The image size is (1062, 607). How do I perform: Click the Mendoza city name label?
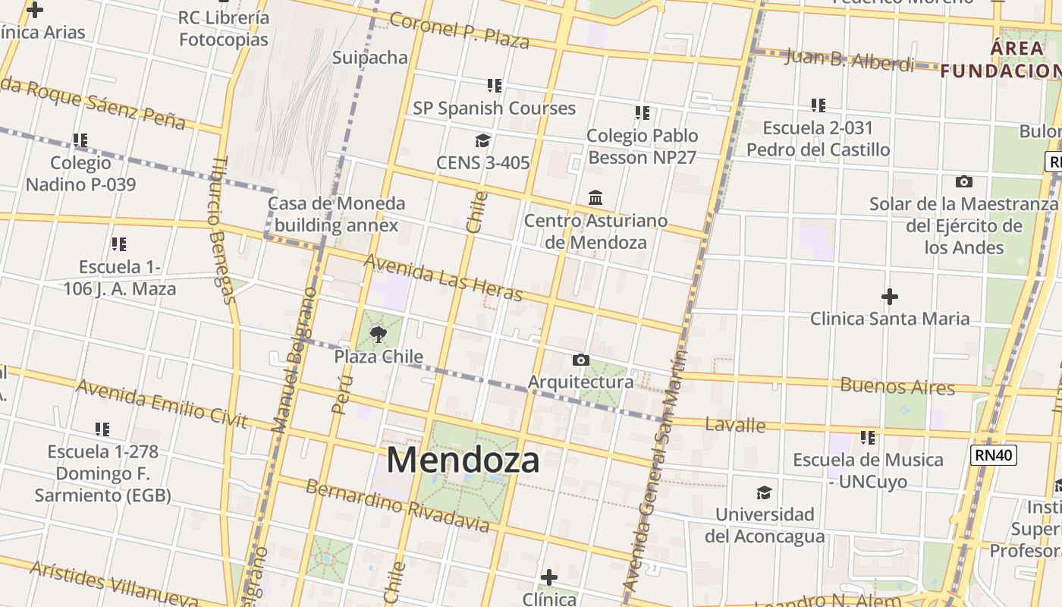point(463,460)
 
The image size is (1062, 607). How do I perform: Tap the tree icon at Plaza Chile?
point(378,334)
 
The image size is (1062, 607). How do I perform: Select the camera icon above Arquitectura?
point(580,360)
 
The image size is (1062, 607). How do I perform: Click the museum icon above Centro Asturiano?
point(595,198)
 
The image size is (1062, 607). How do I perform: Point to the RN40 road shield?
point(993,454)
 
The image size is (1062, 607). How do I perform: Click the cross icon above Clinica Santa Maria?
point(889,296)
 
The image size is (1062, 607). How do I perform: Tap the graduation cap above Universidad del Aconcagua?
point(764,492)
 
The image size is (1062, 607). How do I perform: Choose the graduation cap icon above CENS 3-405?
point(482,140)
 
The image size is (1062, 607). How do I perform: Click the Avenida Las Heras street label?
point(444,276)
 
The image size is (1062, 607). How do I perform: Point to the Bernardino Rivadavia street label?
point(397,505)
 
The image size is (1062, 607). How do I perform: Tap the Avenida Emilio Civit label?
point(162,404)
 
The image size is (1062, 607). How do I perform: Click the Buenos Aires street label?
point(897,385)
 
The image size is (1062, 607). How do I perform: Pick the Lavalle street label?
point(735,424)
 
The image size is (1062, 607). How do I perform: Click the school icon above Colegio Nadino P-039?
point(80,140)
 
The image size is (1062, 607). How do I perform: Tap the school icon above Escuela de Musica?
point(868,438)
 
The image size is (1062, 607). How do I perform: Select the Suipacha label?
point(370,58)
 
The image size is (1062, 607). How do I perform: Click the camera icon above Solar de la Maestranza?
point(963,181)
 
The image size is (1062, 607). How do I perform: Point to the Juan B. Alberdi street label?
point(849,59)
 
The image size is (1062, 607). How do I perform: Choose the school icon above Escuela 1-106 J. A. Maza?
point(119,244)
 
